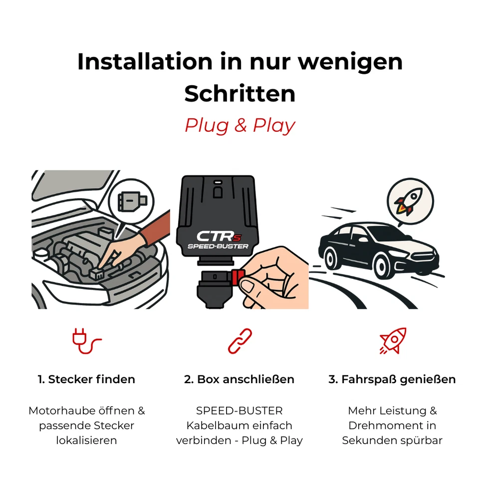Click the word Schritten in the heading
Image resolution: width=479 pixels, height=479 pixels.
click(239, 93)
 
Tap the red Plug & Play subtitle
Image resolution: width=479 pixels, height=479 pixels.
click(239, 125)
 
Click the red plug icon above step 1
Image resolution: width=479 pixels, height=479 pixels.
click(86, 341)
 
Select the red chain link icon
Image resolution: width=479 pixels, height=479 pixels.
click(239, 341)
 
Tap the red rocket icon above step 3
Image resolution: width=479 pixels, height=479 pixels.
click(393, 341)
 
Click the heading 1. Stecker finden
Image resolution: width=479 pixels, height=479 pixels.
click(86, 379)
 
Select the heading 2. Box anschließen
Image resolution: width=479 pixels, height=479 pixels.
click(239, 379)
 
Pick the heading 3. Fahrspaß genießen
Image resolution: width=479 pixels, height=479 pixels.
click(392, 379)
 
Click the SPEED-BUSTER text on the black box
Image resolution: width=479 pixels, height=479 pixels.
click(218, 246)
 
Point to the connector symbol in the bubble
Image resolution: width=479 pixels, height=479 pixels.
click(131, 201)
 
